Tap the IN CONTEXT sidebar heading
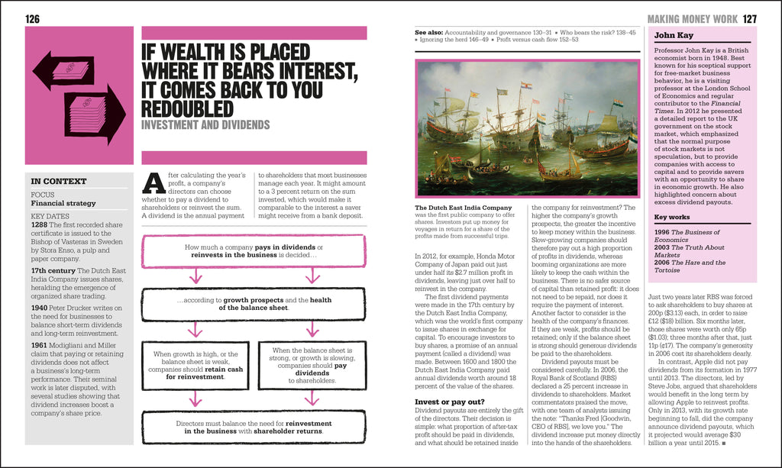click(59, 182)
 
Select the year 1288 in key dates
click(40, 225)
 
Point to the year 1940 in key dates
click(40, 307)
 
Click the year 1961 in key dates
click(40, 344)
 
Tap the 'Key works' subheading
click(672, 218)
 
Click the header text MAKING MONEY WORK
click(692, 18)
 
